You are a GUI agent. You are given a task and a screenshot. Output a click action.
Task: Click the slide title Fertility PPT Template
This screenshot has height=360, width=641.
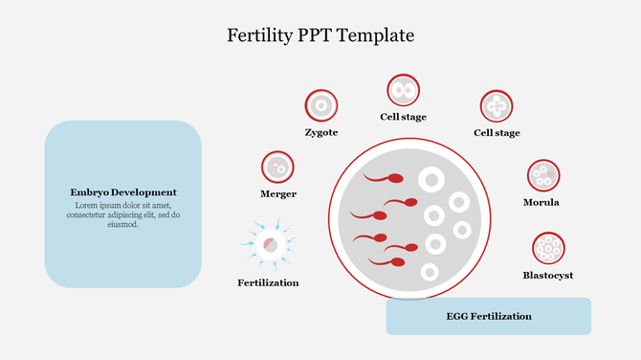pos(320,36)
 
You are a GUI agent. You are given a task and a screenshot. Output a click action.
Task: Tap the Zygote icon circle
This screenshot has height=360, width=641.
pos(321,105)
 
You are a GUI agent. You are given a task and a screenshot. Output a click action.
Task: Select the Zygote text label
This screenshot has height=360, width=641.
pos(321,132)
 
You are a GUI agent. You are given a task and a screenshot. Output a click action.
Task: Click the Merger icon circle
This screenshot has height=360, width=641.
pos(277,167)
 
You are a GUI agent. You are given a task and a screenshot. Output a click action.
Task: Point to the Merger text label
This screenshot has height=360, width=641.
pos(278,193)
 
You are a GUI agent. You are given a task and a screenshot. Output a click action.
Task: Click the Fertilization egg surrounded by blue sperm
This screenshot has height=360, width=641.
pos(269,245)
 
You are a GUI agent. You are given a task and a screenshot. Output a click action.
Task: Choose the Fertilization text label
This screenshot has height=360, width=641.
pos(268,282)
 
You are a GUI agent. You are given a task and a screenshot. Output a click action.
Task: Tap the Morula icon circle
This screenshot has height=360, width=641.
pos(542,175)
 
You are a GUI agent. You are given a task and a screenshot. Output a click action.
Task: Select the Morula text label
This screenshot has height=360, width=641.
pos(542,202)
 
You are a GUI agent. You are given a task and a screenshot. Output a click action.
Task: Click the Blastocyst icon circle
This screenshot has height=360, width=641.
pos(548,248)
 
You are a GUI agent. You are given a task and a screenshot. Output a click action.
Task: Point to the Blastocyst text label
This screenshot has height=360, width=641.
pos(548,275)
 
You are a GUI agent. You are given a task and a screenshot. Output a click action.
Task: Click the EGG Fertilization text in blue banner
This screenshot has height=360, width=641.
pos(488,316)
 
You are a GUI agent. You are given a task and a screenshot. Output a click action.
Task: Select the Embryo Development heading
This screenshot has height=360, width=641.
pos(122,192)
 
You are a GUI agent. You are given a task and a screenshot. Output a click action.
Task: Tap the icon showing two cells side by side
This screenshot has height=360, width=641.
pos(403,90)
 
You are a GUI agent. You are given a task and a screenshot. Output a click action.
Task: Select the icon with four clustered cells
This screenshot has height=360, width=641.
pos(496,106)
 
